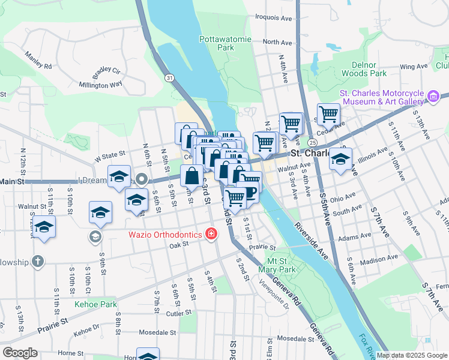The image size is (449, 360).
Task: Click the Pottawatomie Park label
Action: tap(217, 43)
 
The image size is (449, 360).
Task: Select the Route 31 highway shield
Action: tap(170, 78)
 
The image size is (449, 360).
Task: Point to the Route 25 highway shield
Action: tap(313, 143)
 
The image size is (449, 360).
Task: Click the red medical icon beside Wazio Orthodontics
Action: tap(211, 234)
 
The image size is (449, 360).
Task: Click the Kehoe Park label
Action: tap(95, 304)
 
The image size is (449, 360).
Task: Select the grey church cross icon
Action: tap(37, 261)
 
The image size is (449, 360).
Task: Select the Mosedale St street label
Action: tap(157, 332)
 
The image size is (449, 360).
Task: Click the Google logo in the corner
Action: tap(20, 353)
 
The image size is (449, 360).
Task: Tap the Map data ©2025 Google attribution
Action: tap(412, 355)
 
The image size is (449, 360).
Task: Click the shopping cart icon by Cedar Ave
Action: tap(328, 114)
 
